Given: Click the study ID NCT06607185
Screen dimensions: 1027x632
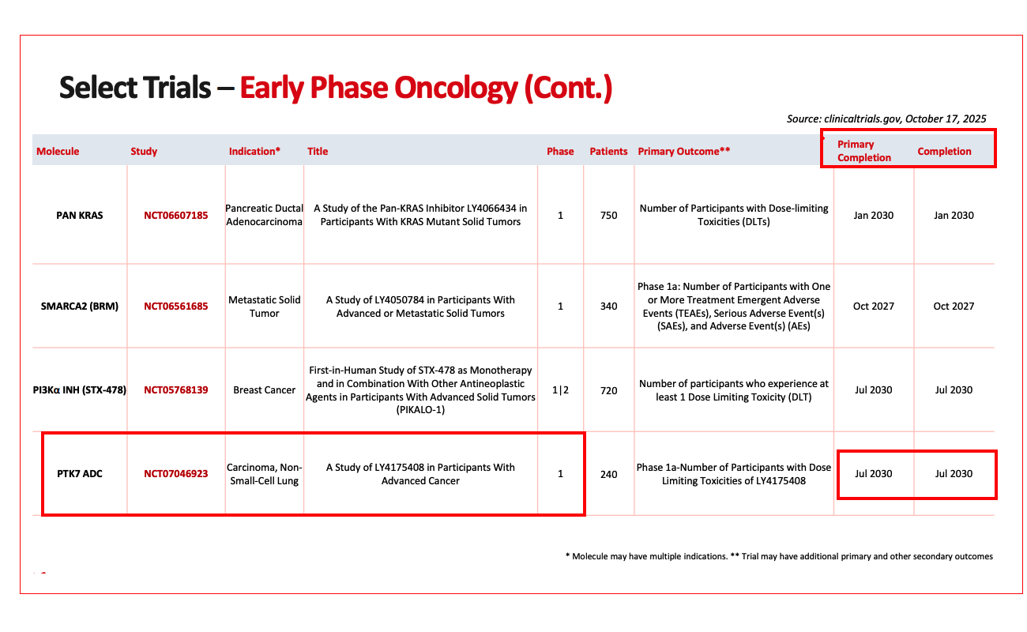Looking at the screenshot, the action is point(175,215).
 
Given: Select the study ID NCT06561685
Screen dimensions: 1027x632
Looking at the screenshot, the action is point(175,306).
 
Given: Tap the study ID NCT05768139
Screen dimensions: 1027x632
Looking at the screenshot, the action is point(175,389).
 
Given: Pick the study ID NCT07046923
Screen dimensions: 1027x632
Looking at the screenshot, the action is point(175,473).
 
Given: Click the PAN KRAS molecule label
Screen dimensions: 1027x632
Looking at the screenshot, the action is point(79,215).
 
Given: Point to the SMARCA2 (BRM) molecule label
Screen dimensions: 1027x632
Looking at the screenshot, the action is point(79,306).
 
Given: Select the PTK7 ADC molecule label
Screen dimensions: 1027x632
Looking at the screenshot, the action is point(79,473).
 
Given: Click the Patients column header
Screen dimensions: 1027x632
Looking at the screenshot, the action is point(608,152).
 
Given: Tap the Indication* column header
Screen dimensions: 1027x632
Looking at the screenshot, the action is point(254,152).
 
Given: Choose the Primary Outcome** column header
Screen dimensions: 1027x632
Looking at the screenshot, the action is point(683,152).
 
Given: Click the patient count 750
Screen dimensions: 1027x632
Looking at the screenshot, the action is point(608,215).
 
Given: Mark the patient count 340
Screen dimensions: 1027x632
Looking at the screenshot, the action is point(608,306).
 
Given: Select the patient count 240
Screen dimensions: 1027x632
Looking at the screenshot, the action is point(608,474).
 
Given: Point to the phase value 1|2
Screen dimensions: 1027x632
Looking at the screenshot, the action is point(560,389).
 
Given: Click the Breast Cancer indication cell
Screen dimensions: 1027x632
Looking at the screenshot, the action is point(264,389).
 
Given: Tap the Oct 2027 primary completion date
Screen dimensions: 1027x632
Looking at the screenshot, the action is point(874,306).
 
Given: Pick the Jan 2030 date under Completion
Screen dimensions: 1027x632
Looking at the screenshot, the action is point(954,215).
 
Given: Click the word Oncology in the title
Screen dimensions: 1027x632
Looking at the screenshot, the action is point(456,88).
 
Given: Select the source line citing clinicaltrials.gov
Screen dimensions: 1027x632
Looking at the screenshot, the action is point(886,118).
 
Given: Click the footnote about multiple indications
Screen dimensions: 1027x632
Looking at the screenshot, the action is point(646,556).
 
